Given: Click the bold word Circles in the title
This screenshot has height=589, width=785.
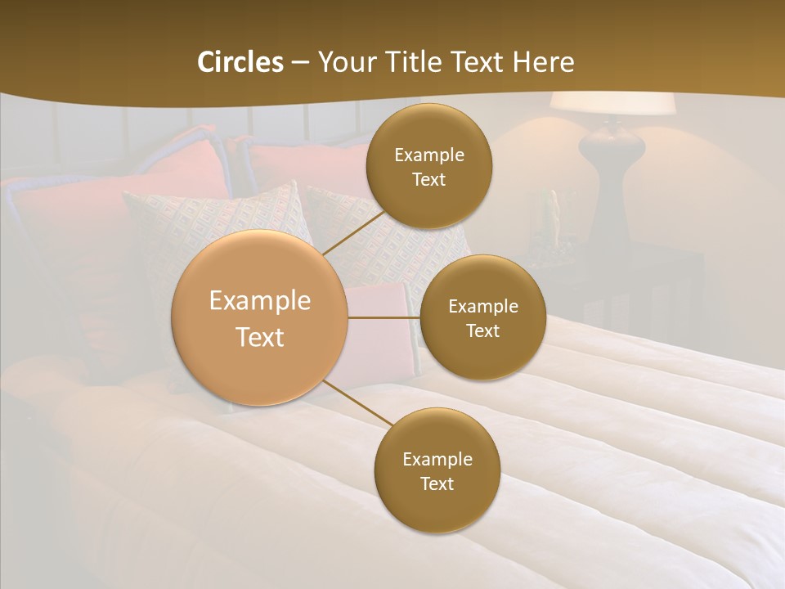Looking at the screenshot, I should tap(240, 62).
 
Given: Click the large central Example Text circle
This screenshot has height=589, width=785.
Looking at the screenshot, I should tap(260, 318).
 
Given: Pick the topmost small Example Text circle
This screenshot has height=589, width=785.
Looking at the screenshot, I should tap(428, 166).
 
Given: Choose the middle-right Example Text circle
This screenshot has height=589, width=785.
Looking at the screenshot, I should tap(482, 317).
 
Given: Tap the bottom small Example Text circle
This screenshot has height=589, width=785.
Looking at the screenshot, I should tap(437, 470).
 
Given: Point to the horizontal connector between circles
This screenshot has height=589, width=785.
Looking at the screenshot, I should tap(384, 317).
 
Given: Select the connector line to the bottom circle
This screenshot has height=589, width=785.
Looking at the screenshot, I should tap(358, 404).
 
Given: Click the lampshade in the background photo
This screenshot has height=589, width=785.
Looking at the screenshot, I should tap(612, 103).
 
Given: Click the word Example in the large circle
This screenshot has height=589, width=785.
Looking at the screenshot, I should tap(260, 301).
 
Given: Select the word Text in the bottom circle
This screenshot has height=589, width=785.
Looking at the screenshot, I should tap(437, 483).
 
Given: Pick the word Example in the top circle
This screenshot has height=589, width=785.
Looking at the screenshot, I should tap(428, 155).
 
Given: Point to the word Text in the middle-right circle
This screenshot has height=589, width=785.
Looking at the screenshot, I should tap(482, 330).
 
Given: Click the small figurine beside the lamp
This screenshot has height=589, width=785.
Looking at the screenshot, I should tap(550, 217).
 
